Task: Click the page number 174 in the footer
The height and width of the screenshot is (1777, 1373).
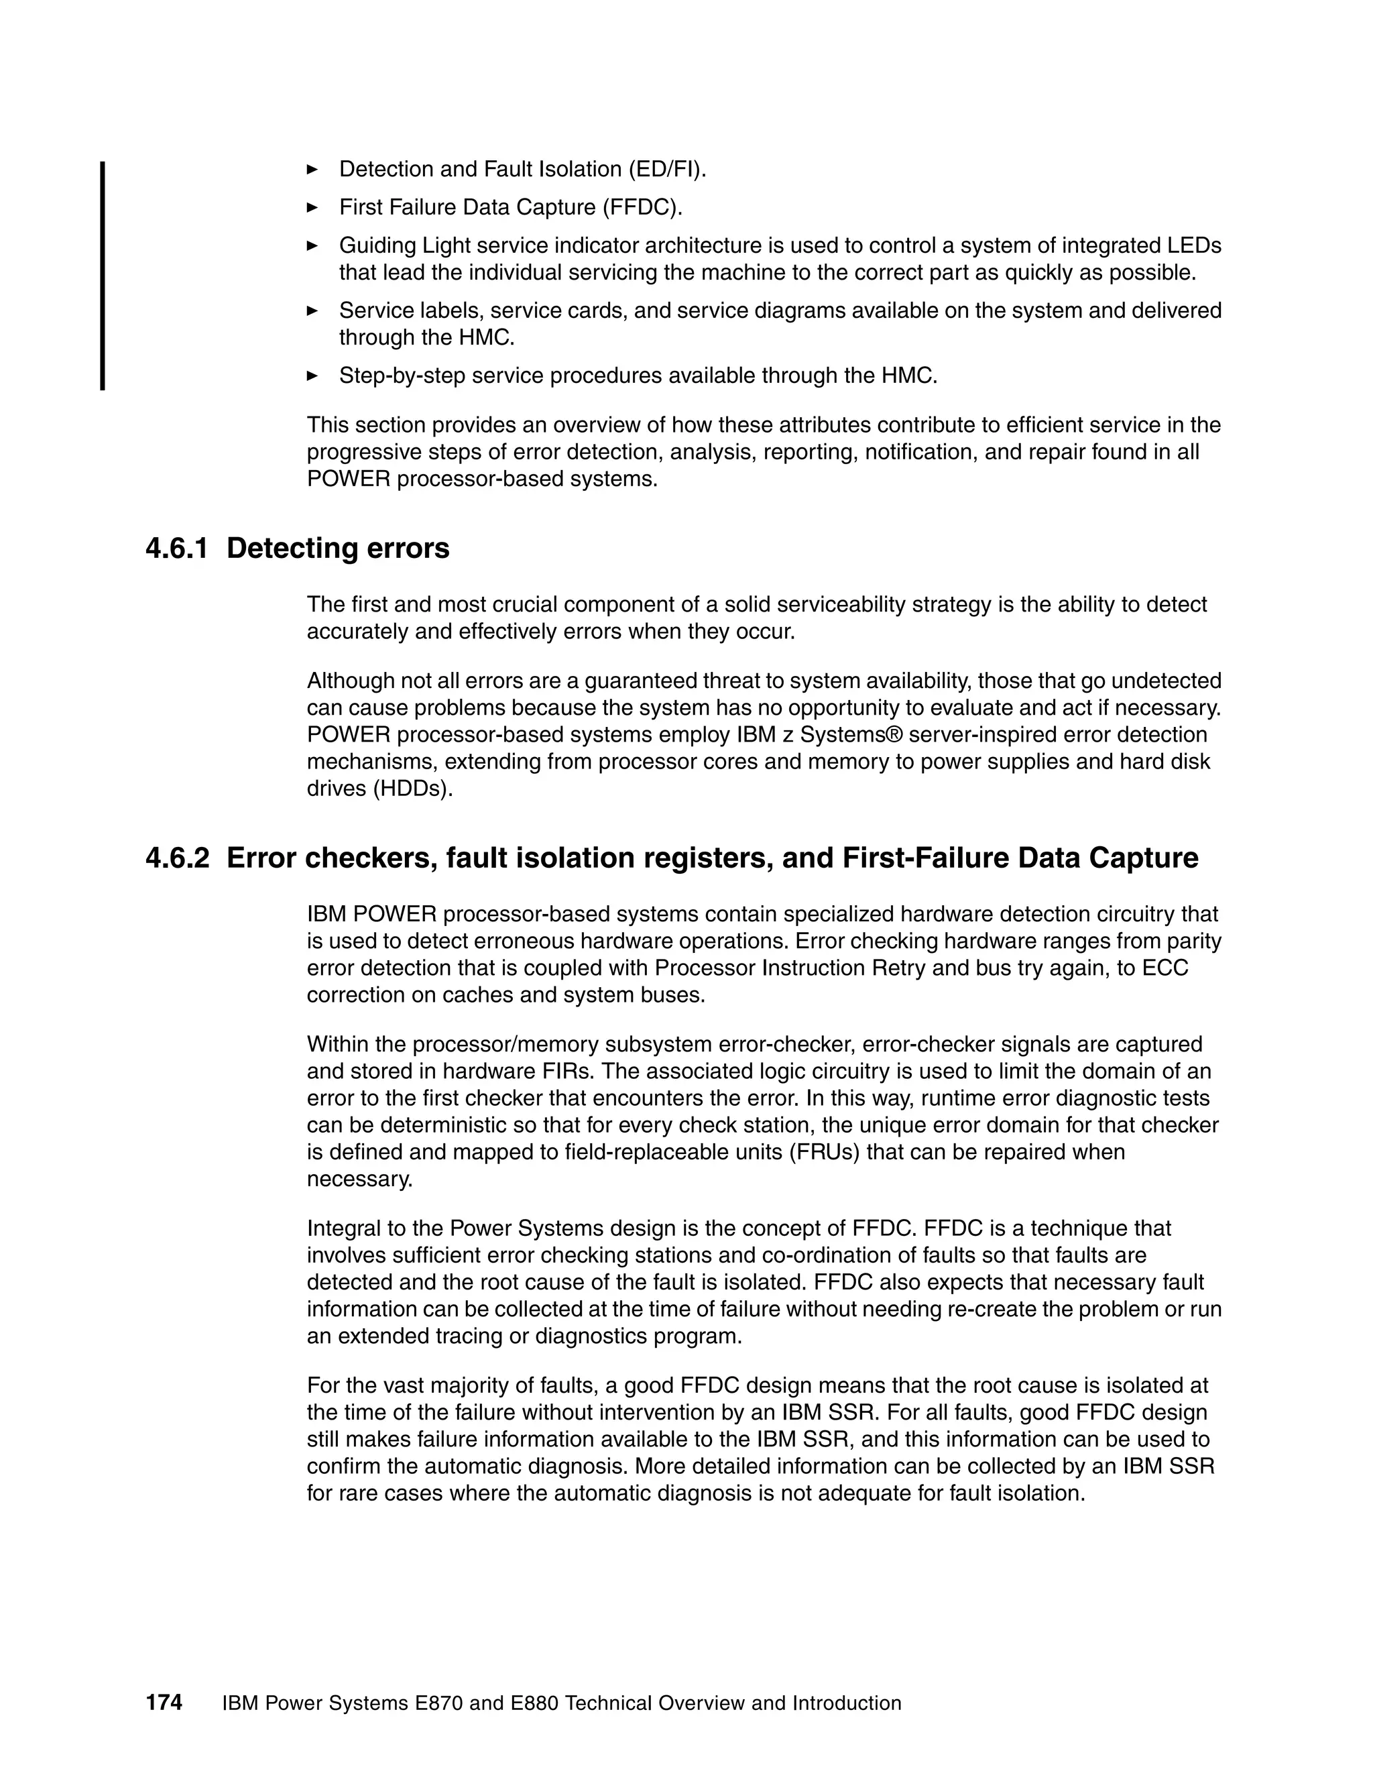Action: tap(164, 1702)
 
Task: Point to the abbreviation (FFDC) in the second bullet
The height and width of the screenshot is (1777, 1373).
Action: tap(642, 207)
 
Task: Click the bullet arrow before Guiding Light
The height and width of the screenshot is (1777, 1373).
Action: tap(312, 245)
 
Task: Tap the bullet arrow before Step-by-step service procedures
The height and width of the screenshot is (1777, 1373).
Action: tap(312, 375)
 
